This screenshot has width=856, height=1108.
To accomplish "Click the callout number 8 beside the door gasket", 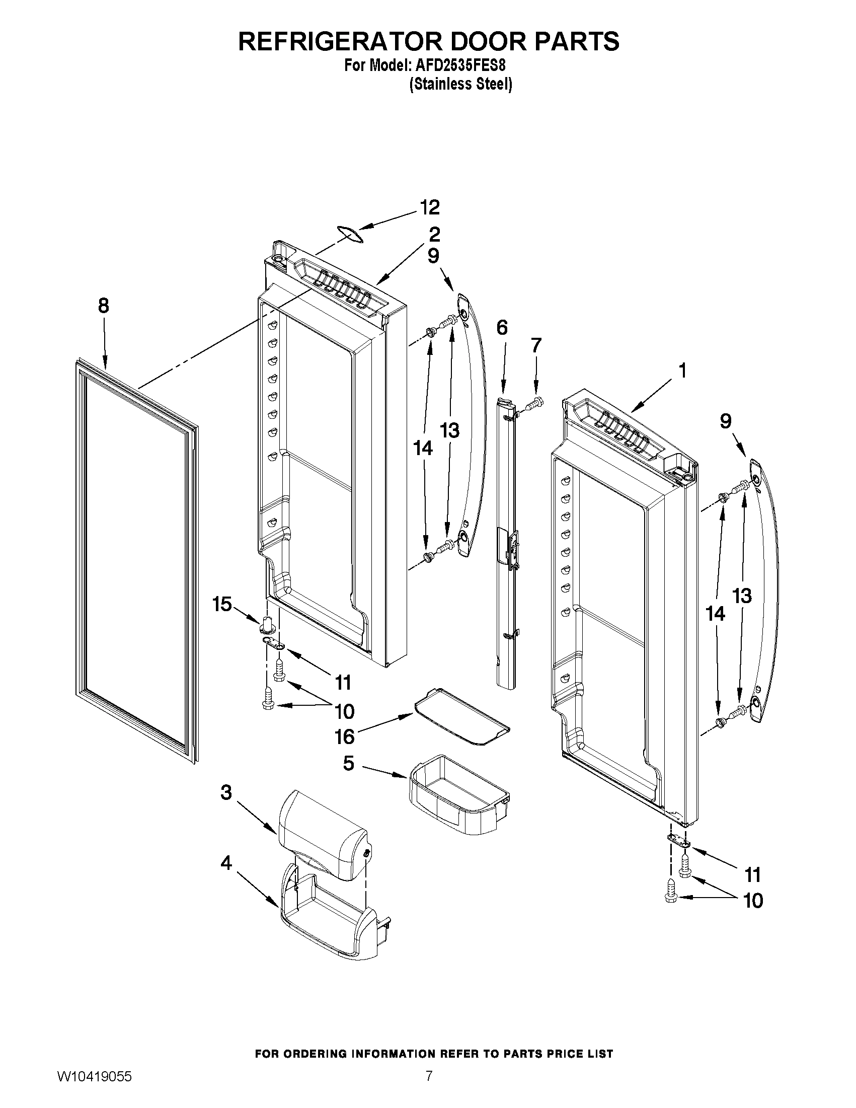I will coord(103,306).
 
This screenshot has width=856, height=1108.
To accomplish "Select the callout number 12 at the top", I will coord(429,207).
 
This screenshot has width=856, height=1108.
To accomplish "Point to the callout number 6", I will coord(502,328).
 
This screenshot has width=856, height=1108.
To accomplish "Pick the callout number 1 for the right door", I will coord(682,371).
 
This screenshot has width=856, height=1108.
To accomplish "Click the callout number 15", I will coord(222,605).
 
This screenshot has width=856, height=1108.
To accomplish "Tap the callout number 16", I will coord(344,736).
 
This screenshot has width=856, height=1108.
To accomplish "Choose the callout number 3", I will coord(226,792).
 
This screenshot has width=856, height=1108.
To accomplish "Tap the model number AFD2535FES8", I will coord(462,66).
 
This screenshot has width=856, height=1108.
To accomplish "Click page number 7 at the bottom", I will coord(429,1088).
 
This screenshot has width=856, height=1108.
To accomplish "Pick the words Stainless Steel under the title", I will coord(461,84).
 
